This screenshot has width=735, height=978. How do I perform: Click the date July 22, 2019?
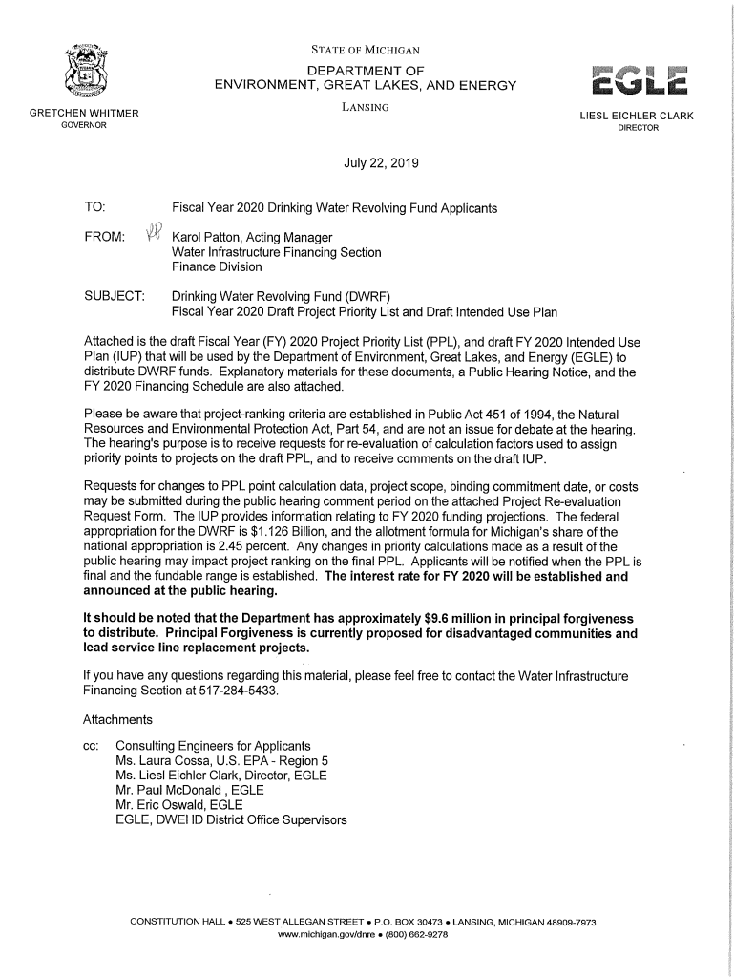click(381, 163)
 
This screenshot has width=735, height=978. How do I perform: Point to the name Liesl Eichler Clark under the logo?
click(637, 117)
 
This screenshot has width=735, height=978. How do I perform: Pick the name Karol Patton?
click(211, 237)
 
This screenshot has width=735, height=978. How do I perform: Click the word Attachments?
click(117, 718)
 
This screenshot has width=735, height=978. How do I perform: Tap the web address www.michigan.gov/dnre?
click(322, 934)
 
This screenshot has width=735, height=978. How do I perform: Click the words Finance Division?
click(216, 267)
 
